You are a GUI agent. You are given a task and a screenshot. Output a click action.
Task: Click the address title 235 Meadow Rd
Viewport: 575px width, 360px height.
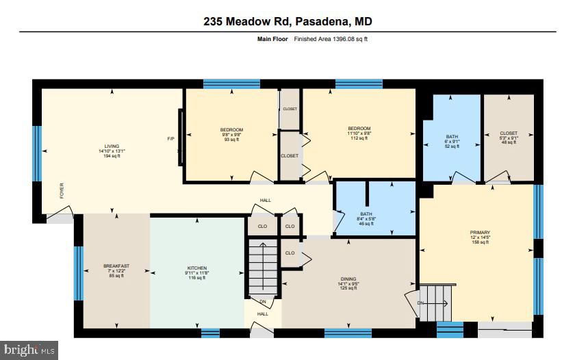pos(287,22)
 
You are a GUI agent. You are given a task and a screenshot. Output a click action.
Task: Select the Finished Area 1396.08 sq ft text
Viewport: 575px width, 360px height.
pos(331,39)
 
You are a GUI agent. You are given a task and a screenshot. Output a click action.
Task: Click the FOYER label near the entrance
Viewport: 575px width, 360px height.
pos(62,190)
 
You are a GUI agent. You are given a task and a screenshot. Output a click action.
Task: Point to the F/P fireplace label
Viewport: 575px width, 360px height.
pos(171,139)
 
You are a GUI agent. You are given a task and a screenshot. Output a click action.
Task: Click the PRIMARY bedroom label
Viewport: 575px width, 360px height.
pos(480,236)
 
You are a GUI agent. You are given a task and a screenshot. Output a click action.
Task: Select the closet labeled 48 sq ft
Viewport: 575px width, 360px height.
pos(509,138)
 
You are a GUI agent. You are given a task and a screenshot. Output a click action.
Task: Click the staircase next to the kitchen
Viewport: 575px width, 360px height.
pos(263,267)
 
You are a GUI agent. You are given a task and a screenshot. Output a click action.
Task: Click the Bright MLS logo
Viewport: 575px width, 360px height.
pos(29,350)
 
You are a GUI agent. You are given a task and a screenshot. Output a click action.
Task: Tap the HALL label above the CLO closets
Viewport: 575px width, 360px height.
pos(265,201)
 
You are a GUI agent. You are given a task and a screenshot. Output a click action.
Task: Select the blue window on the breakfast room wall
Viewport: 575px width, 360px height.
pos(78,274)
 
